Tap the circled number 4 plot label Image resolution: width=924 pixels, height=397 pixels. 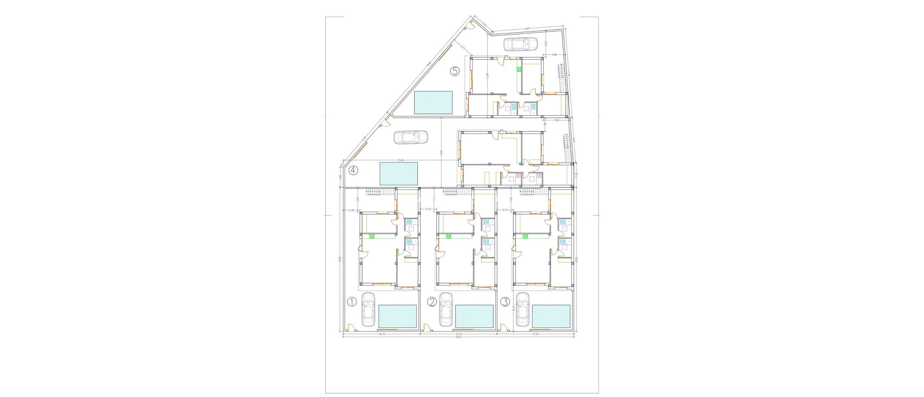[353, 171]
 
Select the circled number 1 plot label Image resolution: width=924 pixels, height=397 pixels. [352, 302]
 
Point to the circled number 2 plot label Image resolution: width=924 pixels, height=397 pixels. [432, 302]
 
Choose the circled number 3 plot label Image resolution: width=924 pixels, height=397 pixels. [505, 302]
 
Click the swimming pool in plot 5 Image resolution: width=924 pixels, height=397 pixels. [433, 103]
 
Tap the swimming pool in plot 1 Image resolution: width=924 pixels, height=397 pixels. [397, 316]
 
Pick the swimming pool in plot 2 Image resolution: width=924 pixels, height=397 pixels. [474, 316]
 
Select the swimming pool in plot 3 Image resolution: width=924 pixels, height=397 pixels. [551, 316]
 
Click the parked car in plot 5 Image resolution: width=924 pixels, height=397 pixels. [520, 44]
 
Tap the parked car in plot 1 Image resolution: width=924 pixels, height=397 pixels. [368, 309]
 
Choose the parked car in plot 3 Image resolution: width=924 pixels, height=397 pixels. [522, 309]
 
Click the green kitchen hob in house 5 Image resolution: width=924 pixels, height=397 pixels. [519, 69]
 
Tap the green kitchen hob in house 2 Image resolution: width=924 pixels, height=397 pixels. [448, 236]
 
